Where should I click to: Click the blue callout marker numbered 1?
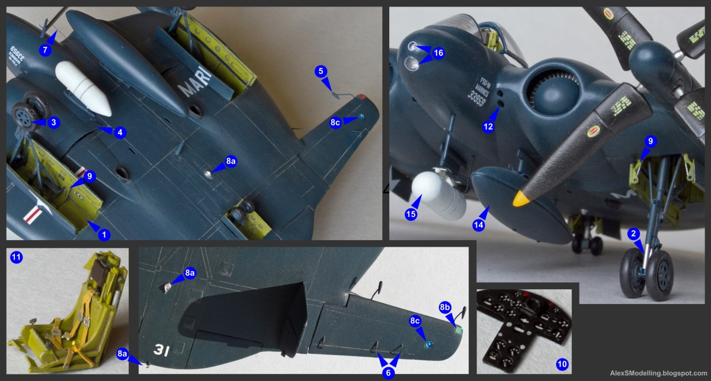click(x=104, y=235)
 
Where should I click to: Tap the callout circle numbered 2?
click(x=633, y=234)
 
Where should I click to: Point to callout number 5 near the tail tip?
click(x=321, y=72)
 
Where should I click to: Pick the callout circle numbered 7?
click(x=44, y=50)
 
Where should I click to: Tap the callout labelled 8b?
click(x=445, y=308)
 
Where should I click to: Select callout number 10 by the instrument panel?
click(x=563, y=363)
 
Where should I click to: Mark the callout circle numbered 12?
click(x=488, y=127)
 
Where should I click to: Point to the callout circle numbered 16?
click(x=438, y=53)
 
